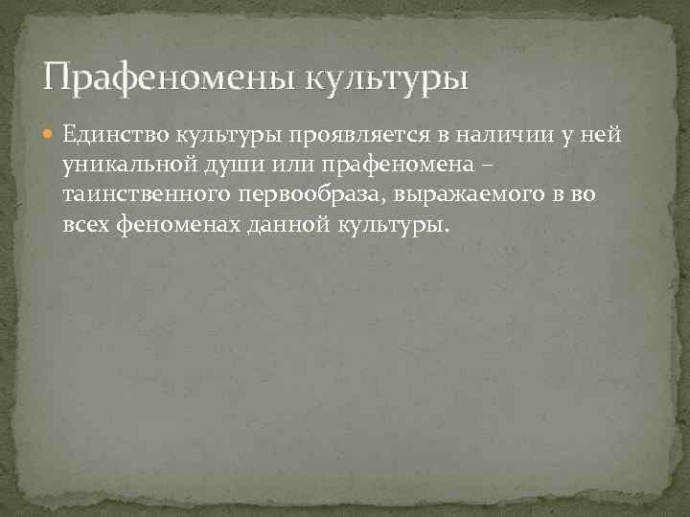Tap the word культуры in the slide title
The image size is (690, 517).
(387, 77)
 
